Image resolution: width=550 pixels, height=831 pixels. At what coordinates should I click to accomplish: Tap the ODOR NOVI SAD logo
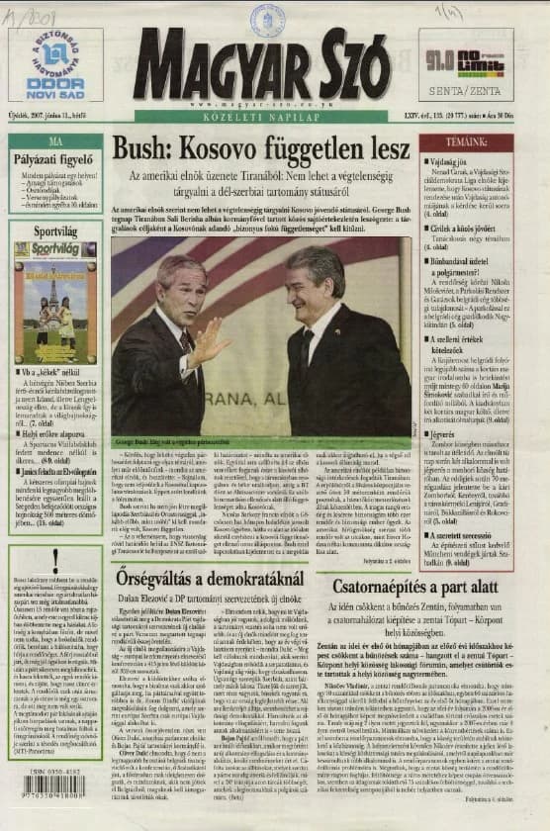[55, 65]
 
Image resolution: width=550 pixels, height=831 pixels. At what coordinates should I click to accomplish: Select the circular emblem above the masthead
[266, 18]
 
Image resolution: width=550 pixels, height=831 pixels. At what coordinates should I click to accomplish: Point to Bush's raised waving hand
[214, 340]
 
